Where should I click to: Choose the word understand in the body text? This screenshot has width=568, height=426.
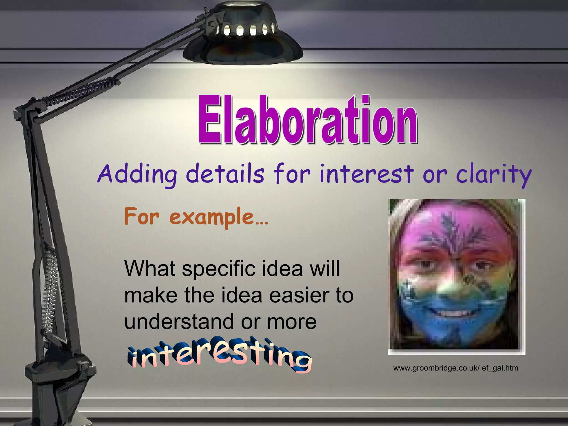[179, 322]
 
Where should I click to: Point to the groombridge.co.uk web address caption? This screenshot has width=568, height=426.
[455, 368]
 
